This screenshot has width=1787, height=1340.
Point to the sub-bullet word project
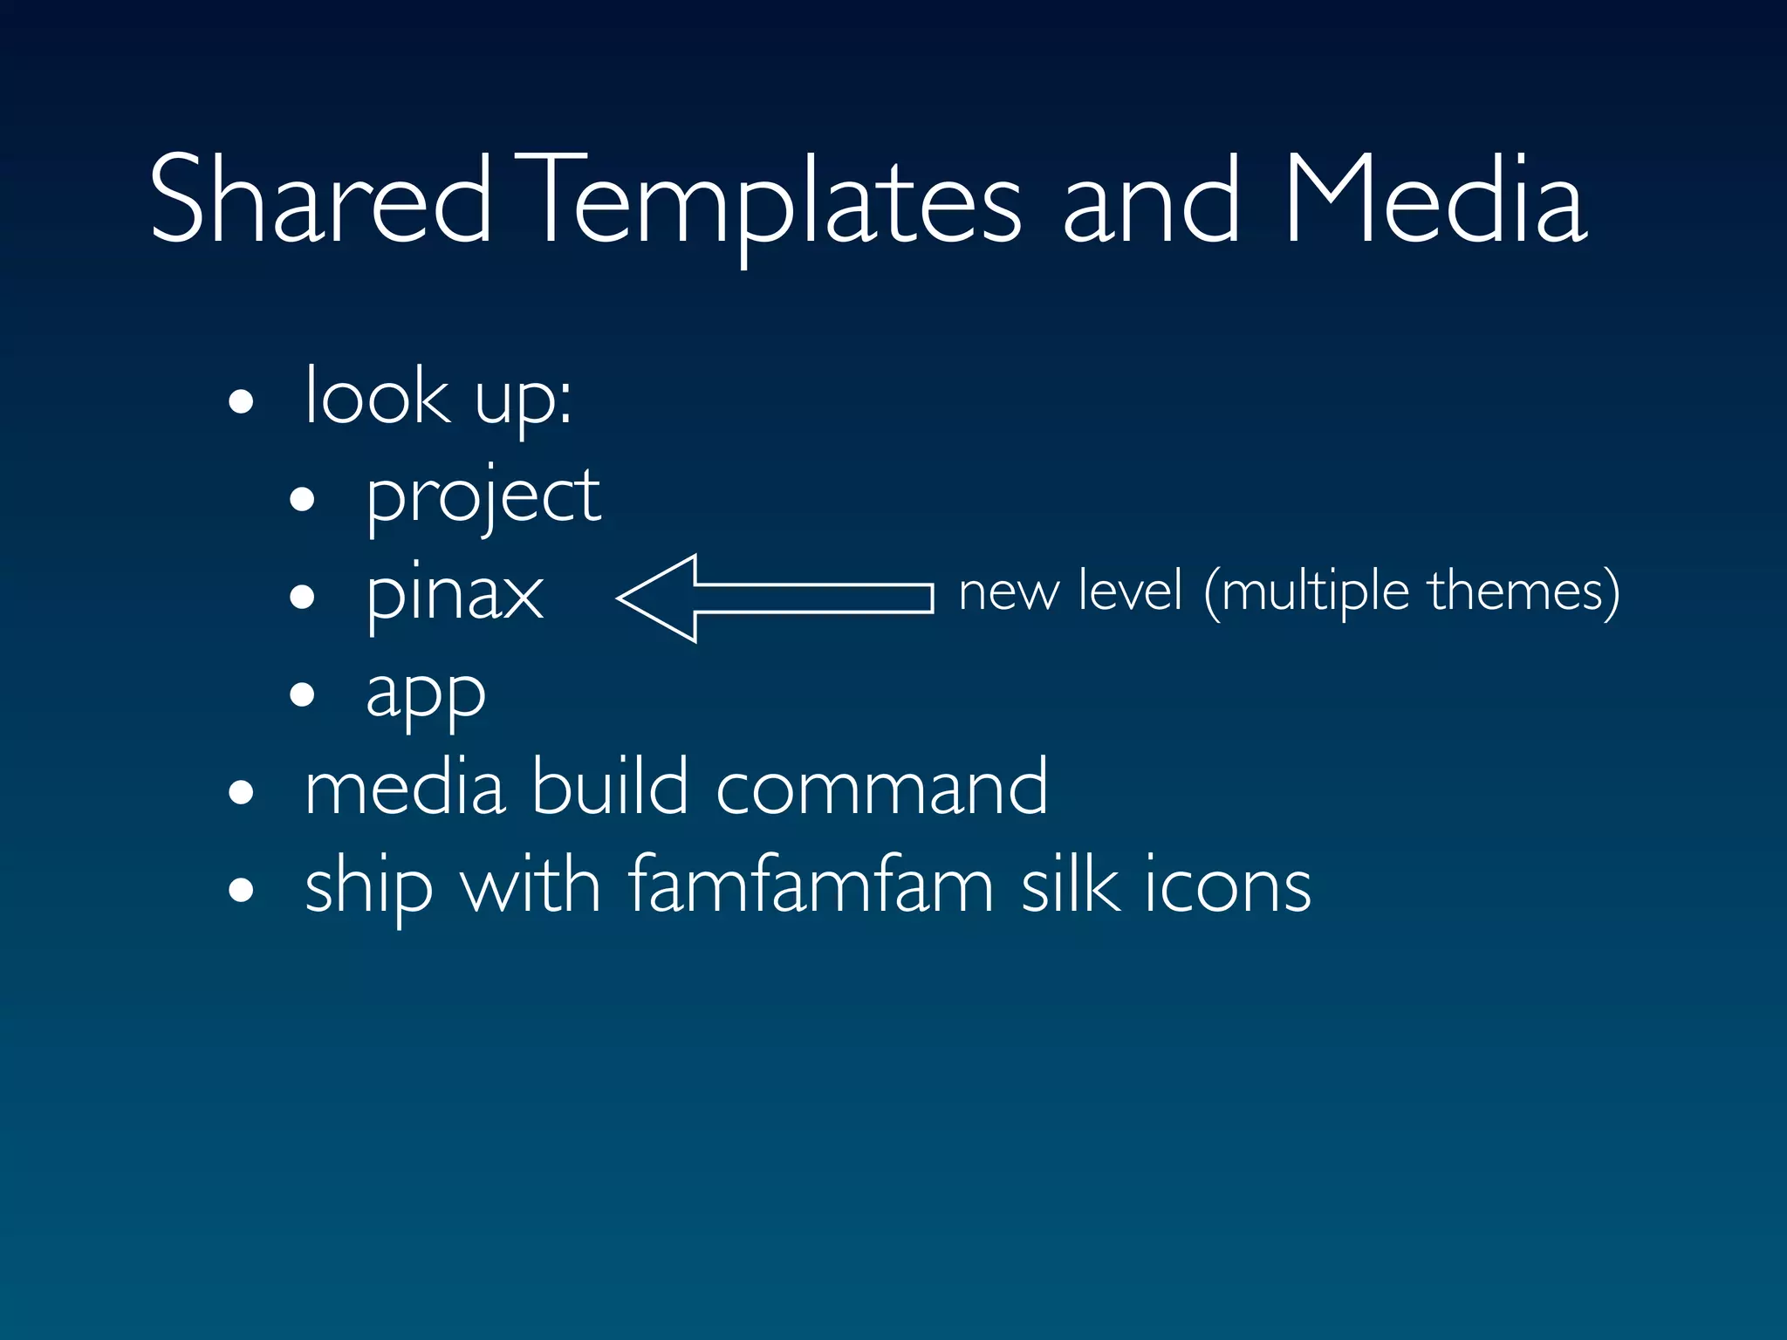[x=483, y=497]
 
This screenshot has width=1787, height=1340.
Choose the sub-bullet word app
[x=425, y=694]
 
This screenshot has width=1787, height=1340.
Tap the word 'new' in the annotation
[x=1008, y=593]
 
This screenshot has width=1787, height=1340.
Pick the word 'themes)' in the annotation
[x=1523, y=593]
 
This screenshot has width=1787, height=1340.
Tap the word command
[x=881, y=787]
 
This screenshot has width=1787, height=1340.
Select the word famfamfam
[x=811, y=885]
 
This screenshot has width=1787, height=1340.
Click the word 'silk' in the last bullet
[x=1070, y=885]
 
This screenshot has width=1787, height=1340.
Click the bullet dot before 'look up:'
[x=241, y=403]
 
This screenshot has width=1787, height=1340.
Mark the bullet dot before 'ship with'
[x=241, y=892]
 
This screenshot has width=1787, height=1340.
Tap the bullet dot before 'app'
[x=302, y=695]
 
